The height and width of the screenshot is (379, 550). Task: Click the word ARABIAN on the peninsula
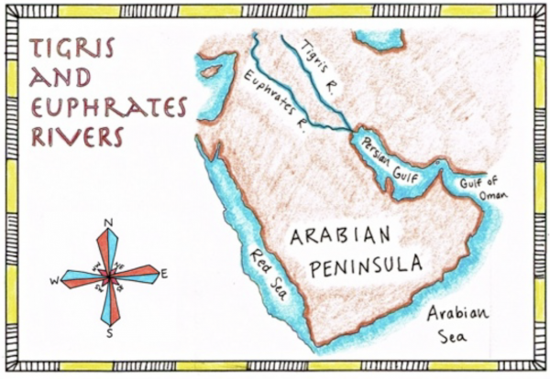344,235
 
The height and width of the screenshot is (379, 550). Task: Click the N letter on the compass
109,222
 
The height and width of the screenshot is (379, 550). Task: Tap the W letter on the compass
54,281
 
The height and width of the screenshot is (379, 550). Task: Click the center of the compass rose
109,275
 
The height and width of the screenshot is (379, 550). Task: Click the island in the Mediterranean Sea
214,70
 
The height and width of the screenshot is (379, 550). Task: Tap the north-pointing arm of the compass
109,248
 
